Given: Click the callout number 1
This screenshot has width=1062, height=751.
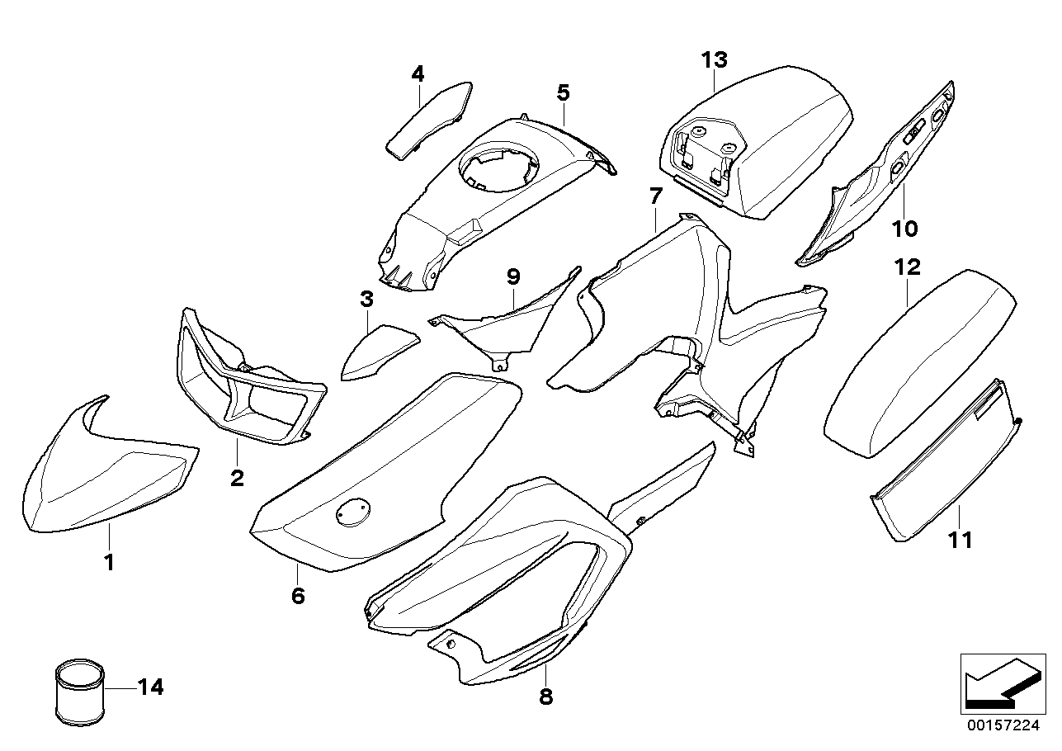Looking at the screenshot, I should (108, 563).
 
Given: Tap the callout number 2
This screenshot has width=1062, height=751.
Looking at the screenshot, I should (237, 478).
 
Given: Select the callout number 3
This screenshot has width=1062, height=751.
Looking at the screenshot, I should (366, 300).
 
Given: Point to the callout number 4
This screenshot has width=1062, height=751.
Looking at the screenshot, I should (418, 74).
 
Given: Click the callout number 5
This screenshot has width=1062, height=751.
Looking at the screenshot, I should (563, 92).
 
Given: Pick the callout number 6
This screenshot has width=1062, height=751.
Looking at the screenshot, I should (298, 595).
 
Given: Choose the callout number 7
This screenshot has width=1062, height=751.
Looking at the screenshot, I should (655, 196).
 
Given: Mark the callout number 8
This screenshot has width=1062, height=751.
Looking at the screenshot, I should (545, 697).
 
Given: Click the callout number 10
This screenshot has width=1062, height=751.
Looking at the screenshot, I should (904, 227).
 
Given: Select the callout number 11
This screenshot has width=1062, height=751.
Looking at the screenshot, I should (961, 541).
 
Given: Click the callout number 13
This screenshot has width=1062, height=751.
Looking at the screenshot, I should (715, 59).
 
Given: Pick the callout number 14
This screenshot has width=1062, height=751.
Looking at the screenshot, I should (151, 687).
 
